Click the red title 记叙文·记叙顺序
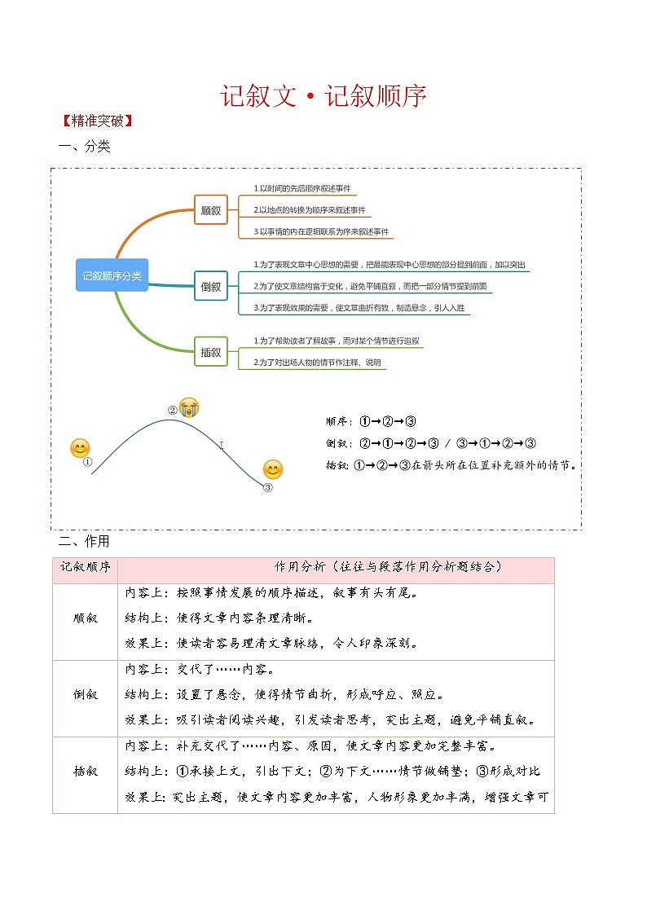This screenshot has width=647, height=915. (323, 96)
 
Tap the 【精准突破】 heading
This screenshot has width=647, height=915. (96, 121)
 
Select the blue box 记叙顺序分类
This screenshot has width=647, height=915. (112, 276)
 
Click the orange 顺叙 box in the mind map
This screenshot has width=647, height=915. (210, 210)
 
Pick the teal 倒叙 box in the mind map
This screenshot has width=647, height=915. (210, 286)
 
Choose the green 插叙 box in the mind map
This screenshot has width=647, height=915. (210, 352)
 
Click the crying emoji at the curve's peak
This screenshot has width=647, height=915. (189, 407)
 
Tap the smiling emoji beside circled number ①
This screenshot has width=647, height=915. (80, 448)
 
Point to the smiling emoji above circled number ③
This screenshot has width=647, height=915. (273, 469)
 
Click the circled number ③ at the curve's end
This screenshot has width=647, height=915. (268, 488)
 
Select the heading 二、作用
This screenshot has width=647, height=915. (84, 541)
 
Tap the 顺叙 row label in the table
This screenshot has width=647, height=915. (86, 618)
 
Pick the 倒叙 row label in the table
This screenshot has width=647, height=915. (86, 695)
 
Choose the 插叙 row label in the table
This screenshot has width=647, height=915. (86, 771)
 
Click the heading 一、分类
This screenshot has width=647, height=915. (84, 147)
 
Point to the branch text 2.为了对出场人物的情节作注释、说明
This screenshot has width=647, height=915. (317, 363)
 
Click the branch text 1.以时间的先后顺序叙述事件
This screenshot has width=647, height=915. (302, 189)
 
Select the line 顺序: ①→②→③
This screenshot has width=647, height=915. (371, 421)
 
